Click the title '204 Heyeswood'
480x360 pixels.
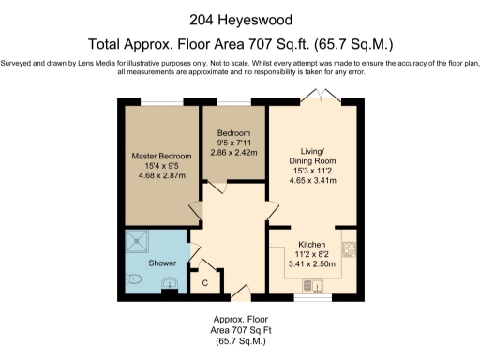240,18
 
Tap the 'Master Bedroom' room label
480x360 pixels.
161,156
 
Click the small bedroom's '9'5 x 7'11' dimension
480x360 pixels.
233,142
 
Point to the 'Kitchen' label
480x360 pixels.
312,243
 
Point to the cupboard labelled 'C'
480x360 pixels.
204,281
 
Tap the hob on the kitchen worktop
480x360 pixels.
349,249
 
